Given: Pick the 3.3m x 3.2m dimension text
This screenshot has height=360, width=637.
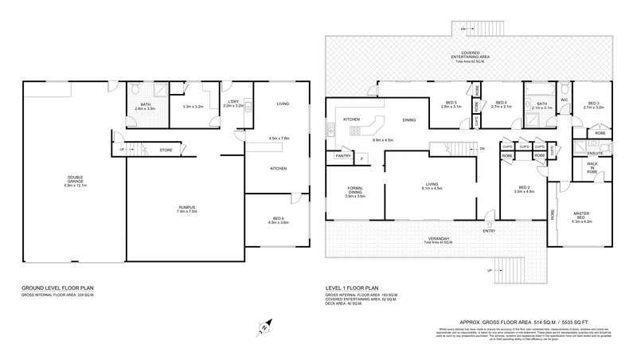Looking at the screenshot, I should pos(193,107).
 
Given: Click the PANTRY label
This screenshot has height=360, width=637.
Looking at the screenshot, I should pos(343,156).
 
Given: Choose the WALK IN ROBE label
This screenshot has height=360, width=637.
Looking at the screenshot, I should pos(591,166).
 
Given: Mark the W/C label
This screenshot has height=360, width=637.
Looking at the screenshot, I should pos(563,100).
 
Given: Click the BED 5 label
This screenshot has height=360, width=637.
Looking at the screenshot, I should pos(451,102).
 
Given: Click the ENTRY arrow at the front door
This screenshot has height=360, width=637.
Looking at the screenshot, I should pos(488,222).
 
